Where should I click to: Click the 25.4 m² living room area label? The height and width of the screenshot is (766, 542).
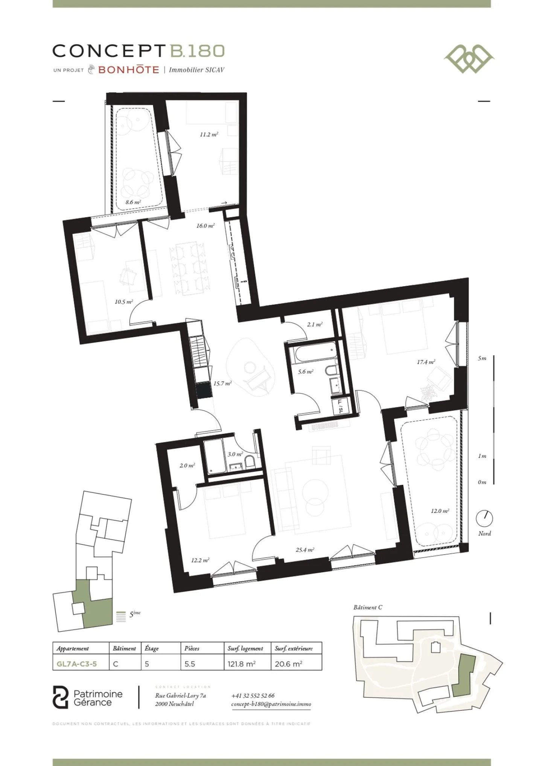(x=304, y=550)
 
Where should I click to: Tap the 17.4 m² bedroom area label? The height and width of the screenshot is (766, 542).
(x=426, y=362)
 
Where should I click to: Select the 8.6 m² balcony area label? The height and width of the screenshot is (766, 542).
(x=133, y=202)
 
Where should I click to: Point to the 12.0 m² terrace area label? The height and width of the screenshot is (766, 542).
(x=440, y=511)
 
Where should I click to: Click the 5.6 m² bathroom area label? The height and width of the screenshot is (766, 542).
(x=305, y=372)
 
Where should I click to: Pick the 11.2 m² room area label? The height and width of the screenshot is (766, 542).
(x=209, y=134)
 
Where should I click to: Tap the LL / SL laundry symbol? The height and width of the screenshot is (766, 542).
(x=340, y=406)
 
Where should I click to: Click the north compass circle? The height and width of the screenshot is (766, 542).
(x=484, y=518)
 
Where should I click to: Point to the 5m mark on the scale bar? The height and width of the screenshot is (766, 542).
(x=482, y=358)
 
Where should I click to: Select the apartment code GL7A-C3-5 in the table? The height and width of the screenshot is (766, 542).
(x=77, y=664)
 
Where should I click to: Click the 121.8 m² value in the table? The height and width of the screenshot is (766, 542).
(x=241, y=664)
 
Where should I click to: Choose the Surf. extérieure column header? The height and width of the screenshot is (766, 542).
(x=294, y=648)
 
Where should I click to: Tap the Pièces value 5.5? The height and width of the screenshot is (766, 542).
(x=190, y=664)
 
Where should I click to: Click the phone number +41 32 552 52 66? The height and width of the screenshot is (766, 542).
(x=253, y=696)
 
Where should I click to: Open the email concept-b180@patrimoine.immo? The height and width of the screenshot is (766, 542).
(x=271, y=704)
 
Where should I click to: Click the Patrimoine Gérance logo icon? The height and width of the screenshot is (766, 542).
(x=61, y=697)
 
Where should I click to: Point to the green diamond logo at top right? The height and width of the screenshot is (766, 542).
(x=469, y=59)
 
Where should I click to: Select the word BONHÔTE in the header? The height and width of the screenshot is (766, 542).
(x=128, y=70)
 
